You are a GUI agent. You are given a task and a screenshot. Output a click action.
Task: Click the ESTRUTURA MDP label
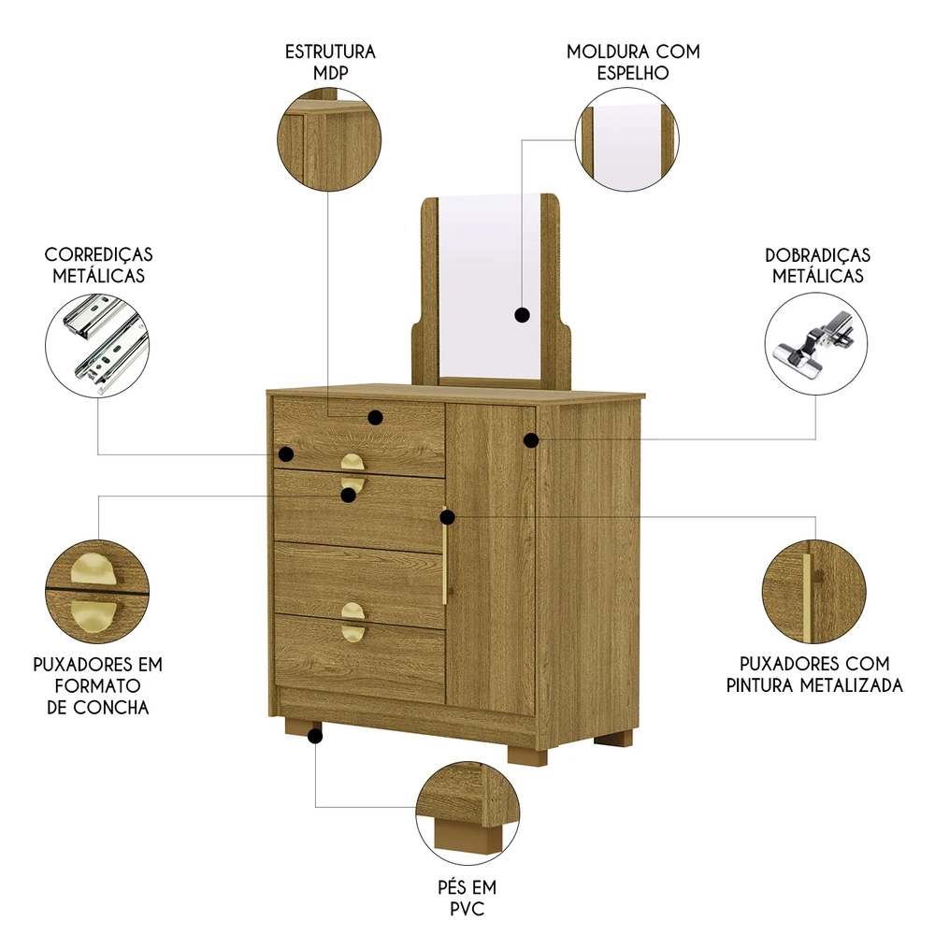coord(330,61)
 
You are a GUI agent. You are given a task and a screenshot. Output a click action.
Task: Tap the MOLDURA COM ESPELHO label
coord(633,61)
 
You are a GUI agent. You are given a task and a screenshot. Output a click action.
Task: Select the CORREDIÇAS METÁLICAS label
coord(99,265)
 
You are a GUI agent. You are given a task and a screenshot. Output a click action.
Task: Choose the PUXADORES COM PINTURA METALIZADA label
coord(814,674)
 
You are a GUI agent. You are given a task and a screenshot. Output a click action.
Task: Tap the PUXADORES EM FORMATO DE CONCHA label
coord(97,685)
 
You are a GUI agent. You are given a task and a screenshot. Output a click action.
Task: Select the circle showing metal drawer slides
coord(98,345)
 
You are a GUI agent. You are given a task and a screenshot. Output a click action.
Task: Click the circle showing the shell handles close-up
coord(97,592)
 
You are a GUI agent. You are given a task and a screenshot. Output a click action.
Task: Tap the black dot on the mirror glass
coord(523,316)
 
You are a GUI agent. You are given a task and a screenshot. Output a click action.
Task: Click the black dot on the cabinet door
coord(531,439)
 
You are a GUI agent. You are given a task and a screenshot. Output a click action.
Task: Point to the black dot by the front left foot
coord(315,736)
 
